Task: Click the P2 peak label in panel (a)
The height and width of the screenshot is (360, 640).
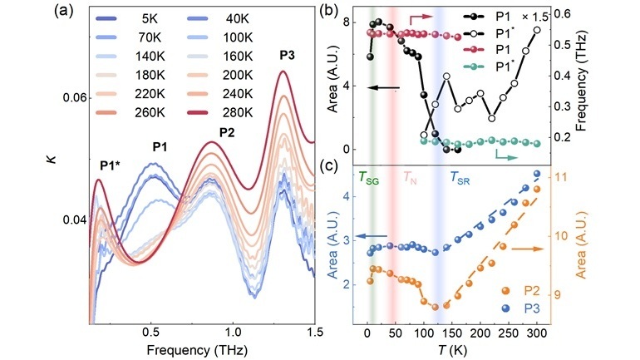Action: click(x=226, y=132)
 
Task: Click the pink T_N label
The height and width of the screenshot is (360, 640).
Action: click(x=412, y=177)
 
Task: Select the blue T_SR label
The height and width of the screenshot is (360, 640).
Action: click(x=461, y=177)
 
